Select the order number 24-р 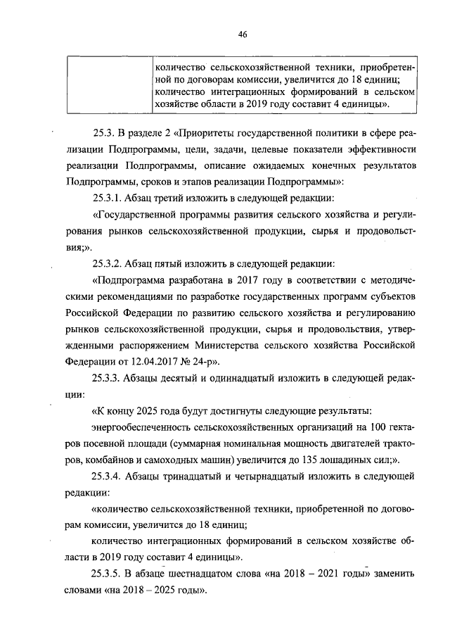(205, 362)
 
